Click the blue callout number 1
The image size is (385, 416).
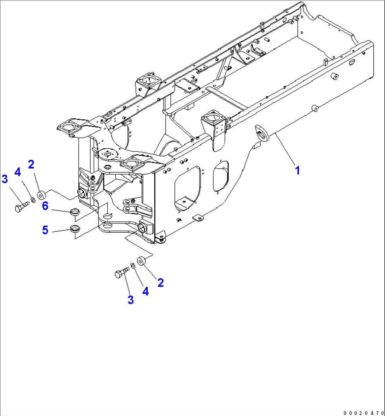[297, 171]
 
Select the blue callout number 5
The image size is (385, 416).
[45, 230]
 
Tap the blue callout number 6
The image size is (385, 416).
[45, 206]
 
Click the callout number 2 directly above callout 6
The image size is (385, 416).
[31, 165]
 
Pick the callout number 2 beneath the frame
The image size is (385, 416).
[160, 283]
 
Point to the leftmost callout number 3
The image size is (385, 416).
[5, 179]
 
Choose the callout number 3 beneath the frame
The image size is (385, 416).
[131, 300]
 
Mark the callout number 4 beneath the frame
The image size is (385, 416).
[145, 291]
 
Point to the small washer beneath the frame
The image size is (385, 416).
[132, 265]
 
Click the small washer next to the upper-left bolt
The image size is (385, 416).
[33, 200]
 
